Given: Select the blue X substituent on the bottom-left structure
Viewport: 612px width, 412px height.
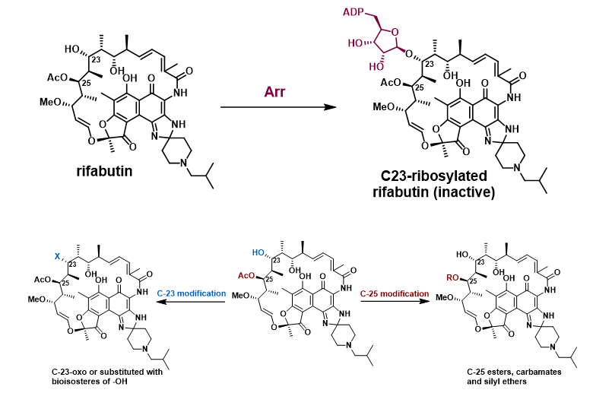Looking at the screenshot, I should pos(56,258).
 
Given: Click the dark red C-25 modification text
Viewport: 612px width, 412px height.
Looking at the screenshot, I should pos(396,293).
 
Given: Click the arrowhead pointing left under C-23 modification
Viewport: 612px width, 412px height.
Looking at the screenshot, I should pos(159,303).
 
